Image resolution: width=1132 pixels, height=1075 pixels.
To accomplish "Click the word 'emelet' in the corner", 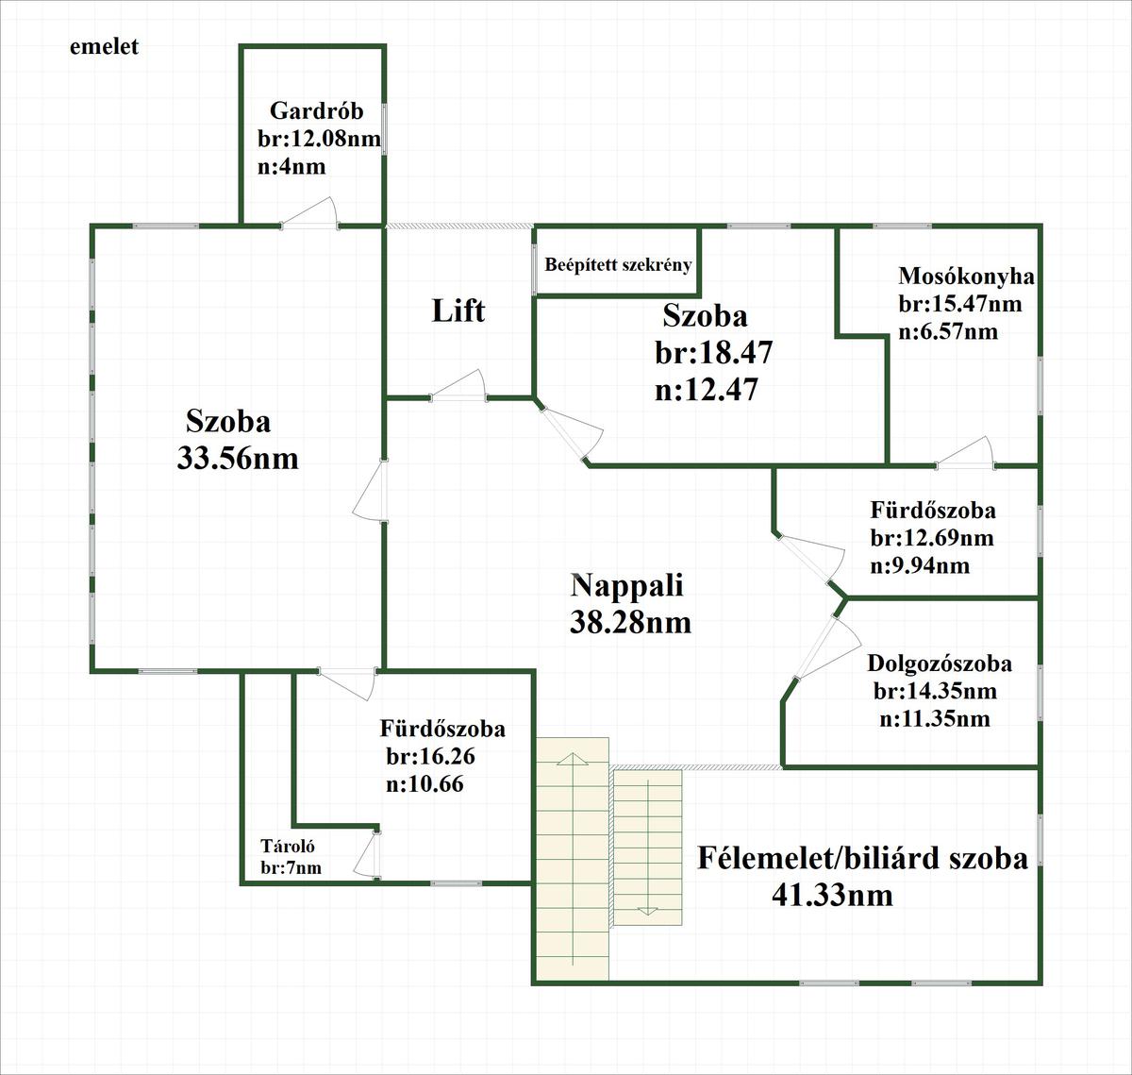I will [x=104, y=46].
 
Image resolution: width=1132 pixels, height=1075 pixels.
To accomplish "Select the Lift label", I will [x=458, y=310].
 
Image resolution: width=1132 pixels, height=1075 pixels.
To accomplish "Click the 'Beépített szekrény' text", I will [x=618, y=264].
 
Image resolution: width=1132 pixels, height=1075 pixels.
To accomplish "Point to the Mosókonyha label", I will [x=966, y=277].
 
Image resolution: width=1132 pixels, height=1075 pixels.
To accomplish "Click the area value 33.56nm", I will [x=237, y=459].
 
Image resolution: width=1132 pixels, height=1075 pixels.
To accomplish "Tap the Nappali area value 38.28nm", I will [x=630, y=623].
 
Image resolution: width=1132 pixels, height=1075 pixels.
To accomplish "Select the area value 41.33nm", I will [x=832, y=893].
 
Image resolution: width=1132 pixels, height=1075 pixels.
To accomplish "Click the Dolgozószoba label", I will [x=940, y=663].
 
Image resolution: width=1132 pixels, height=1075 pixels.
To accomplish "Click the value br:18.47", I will [x=714, y=353].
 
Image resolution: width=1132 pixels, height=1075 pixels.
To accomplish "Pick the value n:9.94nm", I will [x=920, y=565].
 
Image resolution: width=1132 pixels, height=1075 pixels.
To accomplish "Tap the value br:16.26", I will [x=429, y=756].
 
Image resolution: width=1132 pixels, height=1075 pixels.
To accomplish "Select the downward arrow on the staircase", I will [x=647, y=909].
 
